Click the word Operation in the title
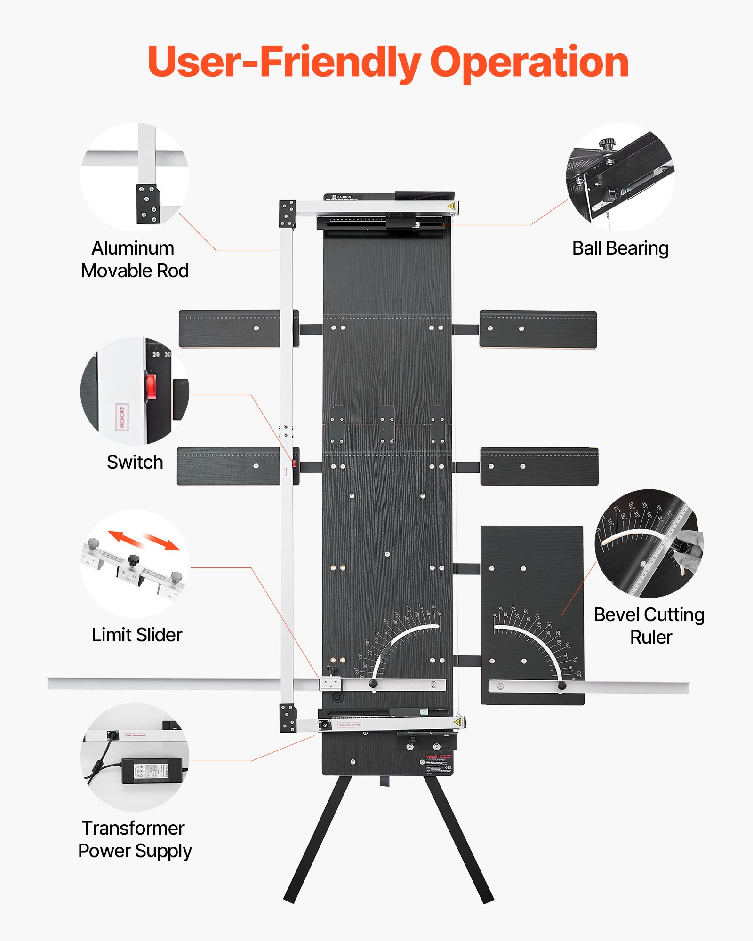(529, 63)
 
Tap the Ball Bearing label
(620, 248)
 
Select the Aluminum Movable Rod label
(135, 259)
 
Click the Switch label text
(135, 462)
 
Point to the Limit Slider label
(137, 635)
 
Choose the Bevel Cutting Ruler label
(649, 626)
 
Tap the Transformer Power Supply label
(135, 839)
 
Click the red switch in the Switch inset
(151, 386)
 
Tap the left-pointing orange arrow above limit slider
(123, 538)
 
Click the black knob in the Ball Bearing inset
(607, 142)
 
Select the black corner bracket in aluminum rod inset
(148, 204)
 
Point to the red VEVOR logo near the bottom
(432, 757)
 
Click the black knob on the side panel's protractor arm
(561, 686)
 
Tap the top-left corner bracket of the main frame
(288, 215)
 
